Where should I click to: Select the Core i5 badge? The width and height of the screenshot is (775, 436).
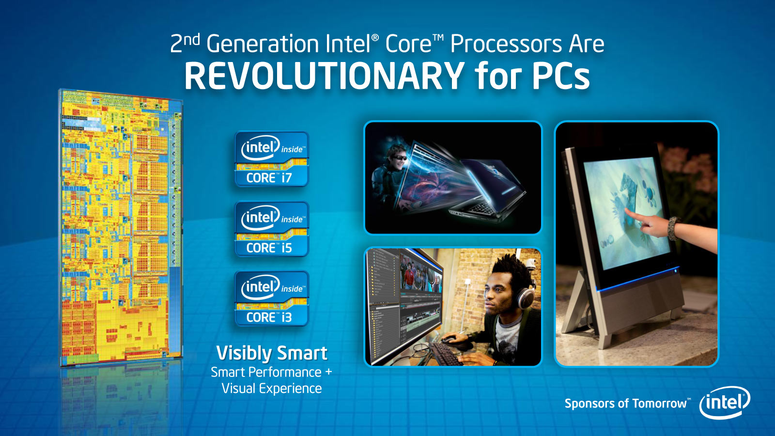[x=272, y=229]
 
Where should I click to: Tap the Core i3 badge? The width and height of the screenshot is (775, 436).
[x=272, y=298]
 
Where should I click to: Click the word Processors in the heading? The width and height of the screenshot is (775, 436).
[x=506, y=44]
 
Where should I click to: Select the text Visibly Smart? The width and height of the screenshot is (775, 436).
[x=272, y=353]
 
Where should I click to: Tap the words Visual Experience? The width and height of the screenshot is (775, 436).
[x=272, y=388]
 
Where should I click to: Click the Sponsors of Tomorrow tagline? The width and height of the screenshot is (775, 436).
[x=627, y=404]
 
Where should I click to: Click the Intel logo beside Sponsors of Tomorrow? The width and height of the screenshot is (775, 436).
[x=725, y=403]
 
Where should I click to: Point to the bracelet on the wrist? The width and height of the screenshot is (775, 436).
[x=673, y=229]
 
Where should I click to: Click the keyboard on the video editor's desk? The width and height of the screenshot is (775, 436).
[x=446, y=354]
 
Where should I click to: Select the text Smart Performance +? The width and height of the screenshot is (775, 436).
[x=272, y=373]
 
